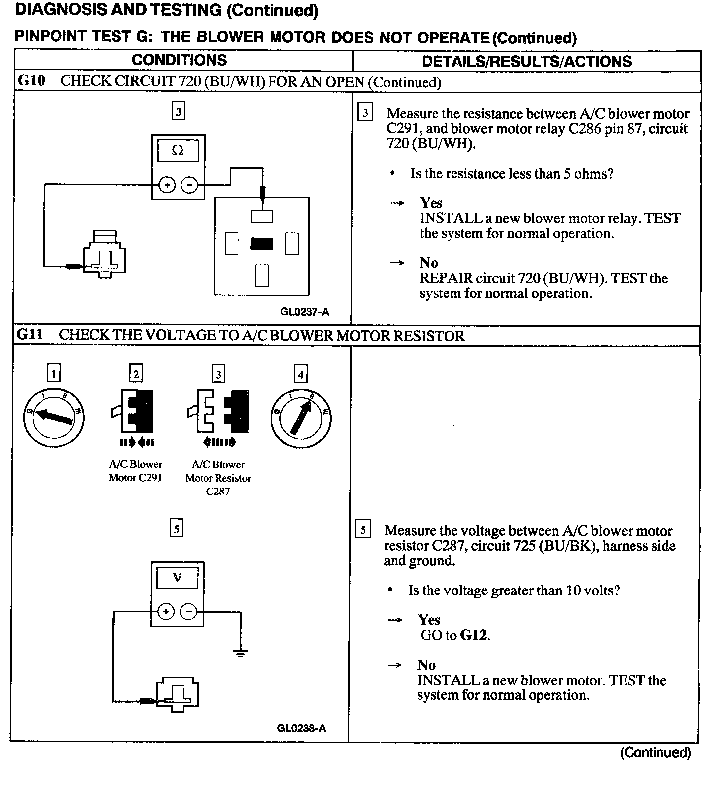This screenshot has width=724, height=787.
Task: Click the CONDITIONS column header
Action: [179, 60]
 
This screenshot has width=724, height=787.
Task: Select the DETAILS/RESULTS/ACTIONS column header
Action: [526, 61]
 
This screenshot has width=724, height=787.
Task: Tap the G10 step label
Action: [31, 81]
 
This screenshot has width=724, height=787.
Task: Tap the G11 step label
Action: [30, 335]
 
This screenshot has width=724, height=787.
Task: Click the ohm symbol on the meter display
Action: [178, 150]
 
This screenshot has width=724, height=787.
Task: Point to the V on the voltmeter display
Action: [177, 578]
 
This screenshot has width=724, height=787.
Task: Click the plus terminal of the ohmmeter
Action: [167, 185]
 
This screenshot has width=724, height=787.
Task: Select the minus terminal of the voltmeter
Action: [188, 612]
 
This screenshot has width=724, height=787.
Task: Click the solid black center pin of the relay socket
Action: [262, 244]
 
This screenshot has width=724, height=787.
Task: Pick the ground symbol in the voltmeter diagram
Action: [241, 653]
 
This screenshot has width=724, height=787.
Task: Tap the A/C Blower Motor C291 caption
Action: [135, 471]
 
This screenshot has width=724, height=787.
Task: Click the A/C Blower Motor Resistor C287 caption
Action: [218, 478]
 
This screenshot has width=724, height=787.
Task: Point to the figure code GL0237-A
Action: [304, 312]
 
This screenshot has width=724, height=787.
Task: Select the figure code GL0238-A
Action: [301, 728]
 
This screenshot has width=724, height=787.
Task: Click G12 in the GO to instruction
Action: [474, 635]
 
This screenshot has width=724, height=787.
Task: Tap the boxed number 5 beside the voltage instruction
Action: [363, 530]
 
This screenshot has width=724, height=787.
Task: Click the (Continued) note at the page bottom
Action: [655, 753]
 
